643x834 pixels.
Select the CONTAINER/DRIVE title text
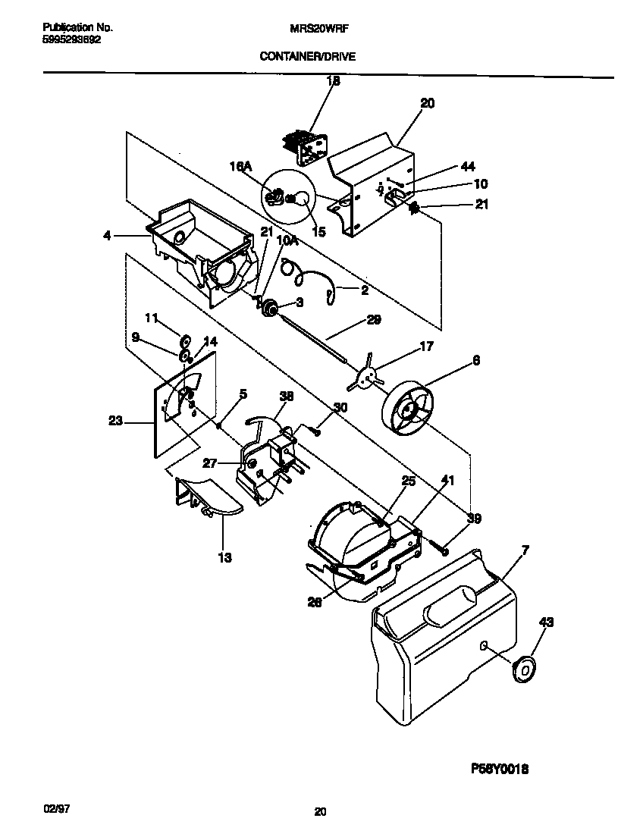307,56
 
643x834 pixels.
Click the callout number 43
546,622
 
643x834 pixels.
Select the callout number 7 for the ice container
525,549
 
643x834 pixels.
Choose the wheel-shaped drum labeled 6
409,412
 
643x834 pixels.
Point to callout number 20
427,104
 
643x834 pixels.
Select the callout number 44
468,167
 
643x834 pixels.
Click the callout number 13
225,557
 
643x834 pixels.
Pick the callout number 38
286,395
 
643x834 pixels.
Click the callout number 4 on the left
108,236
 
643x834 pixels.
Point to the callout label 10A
287,240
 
